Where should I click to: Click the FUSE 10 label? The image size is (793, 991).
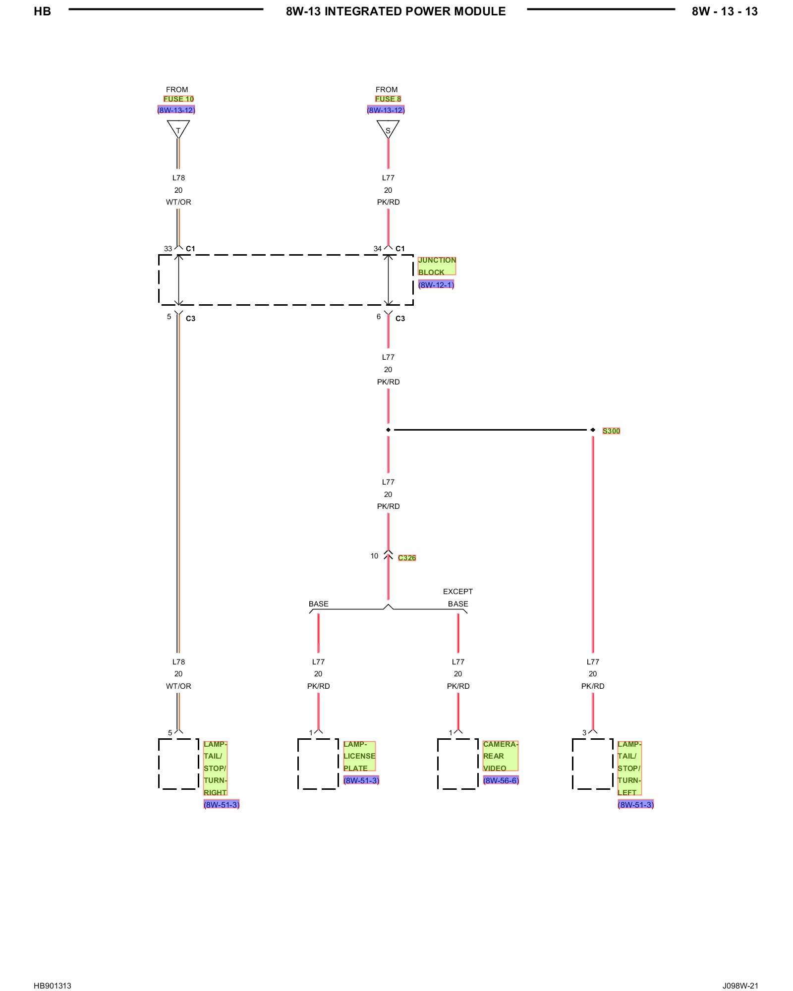point(178,99)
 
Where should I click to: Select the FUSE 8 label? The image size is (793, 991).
point(388,99)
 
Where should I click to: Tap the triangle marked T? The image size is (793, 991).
point(178,129)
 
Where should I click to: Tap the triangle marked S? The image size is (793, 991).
point(388,129)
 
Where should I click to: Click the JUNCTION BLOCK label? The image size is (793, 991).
point(437,266)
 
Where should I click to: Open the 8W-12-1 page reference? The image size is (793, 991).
point(436,285)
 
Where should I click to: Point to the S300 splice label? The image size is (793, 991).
point(611,431)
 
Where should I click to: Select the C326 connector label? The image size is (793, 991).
point(407,558)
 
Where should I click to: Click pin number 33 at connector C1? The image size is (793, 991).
point(168,249)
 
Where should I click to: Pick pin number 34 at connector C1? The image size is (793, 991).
point(378,249)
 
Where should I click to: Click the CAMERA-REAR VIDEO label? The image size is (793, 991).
point(501,756)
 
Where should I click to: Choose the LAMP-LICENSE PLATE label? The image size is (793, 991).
point(359,756)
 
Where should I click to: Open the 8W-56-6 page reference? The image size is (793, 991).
point(501,780)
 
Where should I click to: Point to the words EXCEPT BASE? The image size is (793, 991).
point(458,598)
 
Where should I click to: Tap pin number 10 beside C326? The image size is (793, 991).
point(374,556)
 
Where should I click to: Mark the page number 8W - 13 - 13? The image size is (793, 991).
point(725,11)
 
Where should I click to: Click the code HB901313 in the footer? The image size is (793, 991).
point(53,972)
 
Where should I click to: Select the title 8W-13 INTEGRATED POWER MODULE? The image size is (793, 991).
point(396,11)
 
